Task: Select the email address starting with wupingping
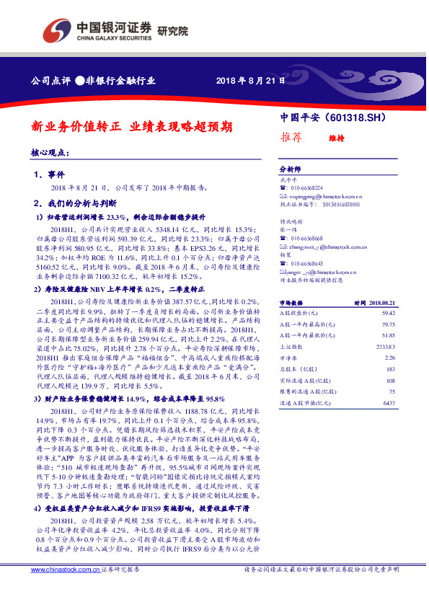tap(324, 195)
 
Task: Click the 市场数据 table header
tap(291, 304)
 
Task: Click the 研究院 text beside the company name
tap(172, 32)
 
